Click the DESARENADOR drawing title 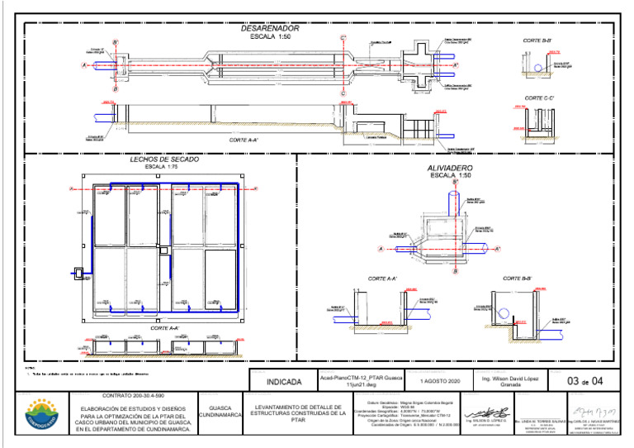[x=269, y=28]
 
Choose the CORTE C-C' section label [x=538, y=98]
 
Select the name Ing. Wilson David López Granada [x=509, y=382]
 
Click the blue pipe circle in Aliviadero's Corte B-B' [x=504, y=312]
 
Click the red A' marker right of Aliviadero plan [x=498, y=248]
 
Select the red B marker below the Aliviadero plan [x=455, y=271]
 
